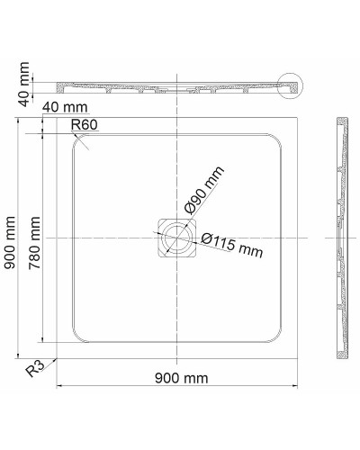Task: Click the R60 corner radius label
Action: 84,124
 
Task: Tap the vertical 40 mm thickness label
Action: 24,79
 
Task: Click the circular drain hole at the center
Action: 177,237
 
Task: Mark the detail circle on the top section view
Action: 292,86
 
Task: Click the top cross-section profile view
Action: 177,87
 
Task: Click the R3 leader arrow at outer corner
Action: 56,358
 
